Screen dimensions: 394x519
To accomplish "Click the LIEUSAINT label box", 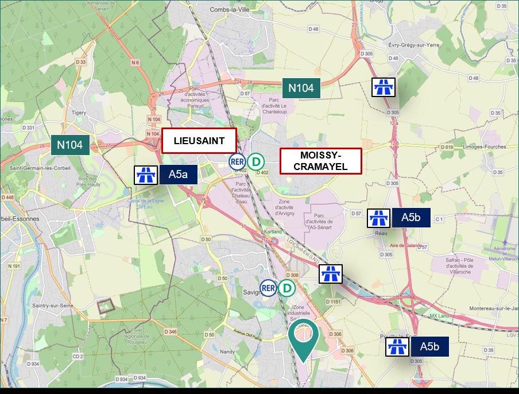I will tap(199, 141).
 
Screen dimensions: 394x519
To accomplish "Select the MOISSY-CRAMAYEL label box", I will tap(321, 161).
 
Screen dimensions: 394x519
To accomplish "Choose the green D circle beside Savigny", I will tap(286, 288).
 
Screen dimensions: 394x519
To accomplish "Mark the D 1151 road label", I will tap(333, 302).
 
